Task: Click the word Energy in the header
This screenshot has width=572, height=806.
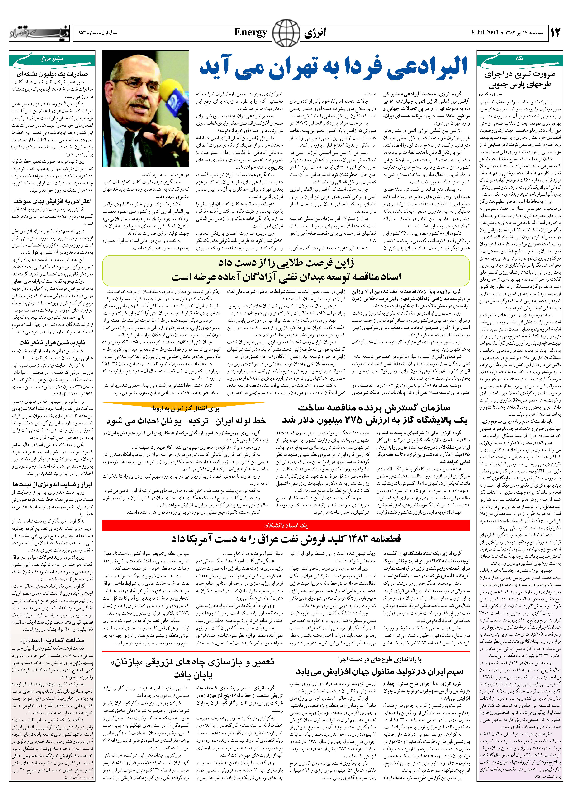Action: coord(251,33)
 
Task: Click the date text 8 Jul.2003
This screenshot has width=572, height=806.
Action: coord(484,33)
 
